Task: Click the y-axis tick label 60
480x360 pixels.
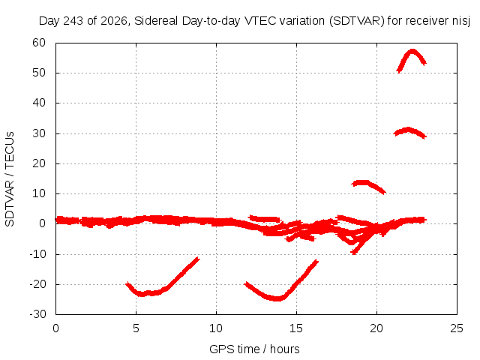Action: pyautogui.click(x=39, y=43)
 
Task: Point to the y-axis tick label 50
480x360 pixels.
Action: pyautogui.click(x=39, y=73)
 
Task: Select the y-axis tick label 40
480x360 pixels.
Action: pyautogui.click(x=39, y=103)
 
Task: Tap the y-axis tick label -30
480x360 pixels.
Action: pyautogui.click(x=37, y=314)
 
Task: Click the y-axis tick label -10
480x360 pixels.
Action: pyautogui.click(x=37, y=253)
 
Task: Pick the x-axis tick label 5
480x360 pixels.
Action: pyautogui.click(x=136, y=328)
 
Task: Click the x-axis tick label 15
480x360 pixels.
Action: pyautogui.click(x=296, y=328)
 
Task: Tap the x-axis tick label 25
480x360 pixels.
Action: pyautogui.click(x=457, y=328)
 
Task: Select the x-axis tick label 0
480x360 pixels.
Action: pyautogui.click(x=55, y=328)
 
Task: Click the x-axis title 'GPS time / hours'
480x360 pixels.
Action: pyautogui.click(x=254, y=349)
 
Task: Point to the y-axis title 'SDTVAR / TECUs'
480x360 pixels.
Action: pyautogui.click(x=10, y=179)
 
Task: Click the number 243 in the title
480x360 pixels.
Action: pyautogui.click(x=73, y=21)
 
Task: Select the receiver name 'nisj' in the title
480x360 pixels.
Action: pyautogui.click(x=461, y=21)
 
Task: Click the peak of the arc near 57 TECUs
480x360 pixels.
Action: pyautogui.click(x=412, y=51)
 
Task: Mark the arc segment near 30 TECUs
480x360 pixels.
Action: pyautogui.click(x=408, y=130)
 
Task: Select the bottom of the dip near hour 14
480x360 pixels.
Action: pyautogui.click(x=277, y=298)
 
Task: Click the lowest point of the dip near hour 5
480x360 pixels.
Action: pyautogui.click(x=141, y=295)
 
